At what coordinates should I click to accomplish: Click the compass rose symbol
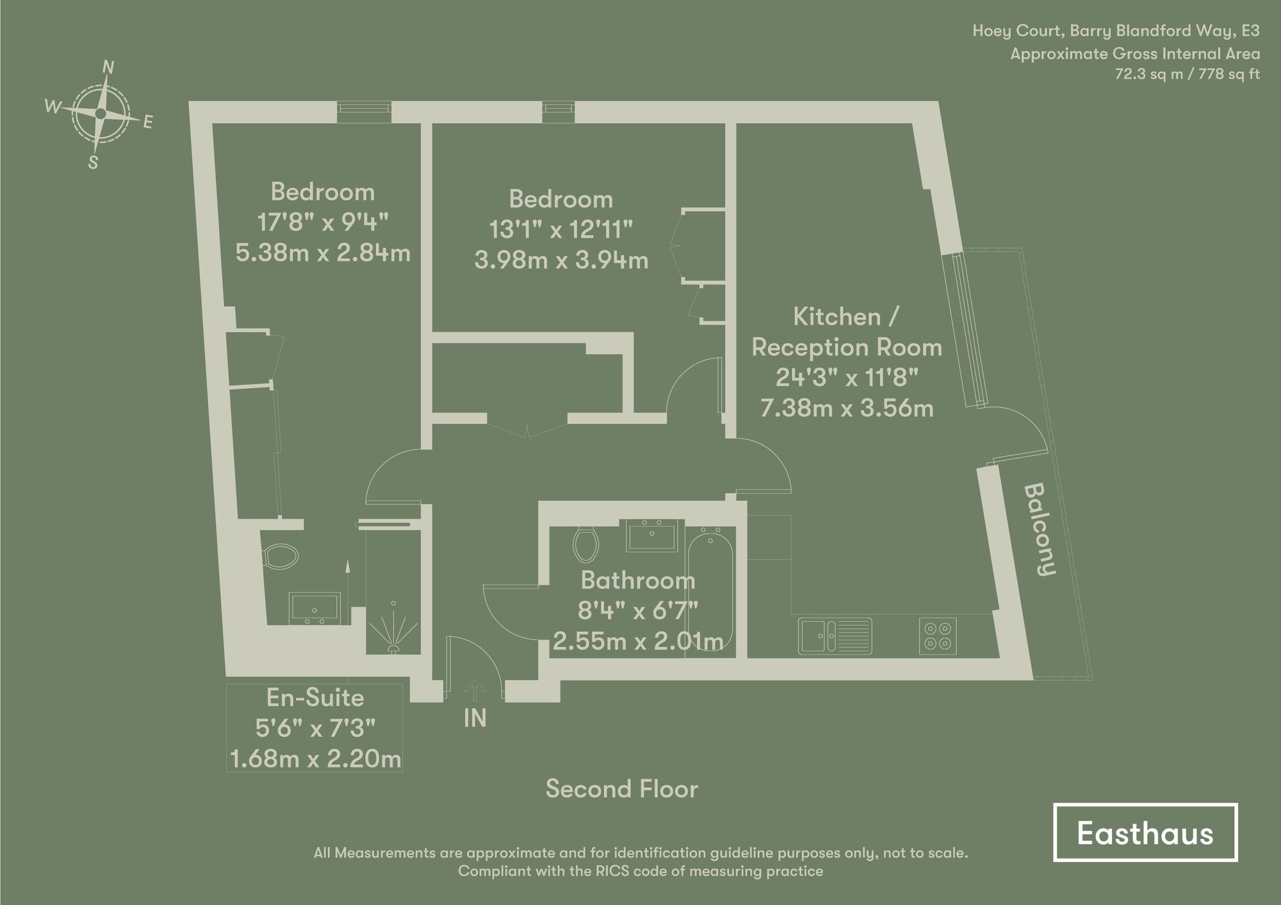pyautogui.click(x=100, y=114)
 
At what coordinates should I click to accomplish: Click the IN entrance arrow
pyautogui.click(x=475, y=691)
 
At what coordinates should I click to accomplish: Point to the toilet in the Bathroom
pyautogui.click(x=585, y=544)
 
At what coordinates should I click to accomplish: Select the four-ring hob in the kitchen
pyautogui.click(x=938, y=635)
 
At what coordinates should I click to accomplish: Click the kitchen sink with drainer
pyautogui.click(x=835, y=635)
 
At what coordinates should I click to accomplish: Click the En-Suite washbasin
pyautogui.click(x=314, y=607)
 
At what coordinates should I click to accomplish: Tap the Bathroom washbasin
pyautogui.click(x=651, y=535)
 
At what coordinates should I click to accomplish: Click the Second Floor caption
pyautogui.click(x=621, y=789)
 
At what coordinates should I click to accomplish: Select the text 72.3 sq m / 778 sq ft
pyautogui.click(x=1187, y=74)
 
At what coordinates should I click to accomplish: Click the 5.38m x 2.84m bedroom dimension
pyautogui.click(x=323, y=253)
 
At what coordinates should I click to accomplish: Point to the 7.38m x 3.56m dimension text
pyautogui.click(x=847, y=408)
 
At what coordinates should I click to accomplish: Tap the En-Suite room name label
pyautogui.click(x=314, y=697)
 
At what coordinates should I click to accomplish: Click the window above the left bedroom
pyautogui.click(x=364, y=111)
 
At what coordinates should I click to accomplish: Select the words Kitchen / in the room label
pyautogui.click(x=846, y=317)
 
